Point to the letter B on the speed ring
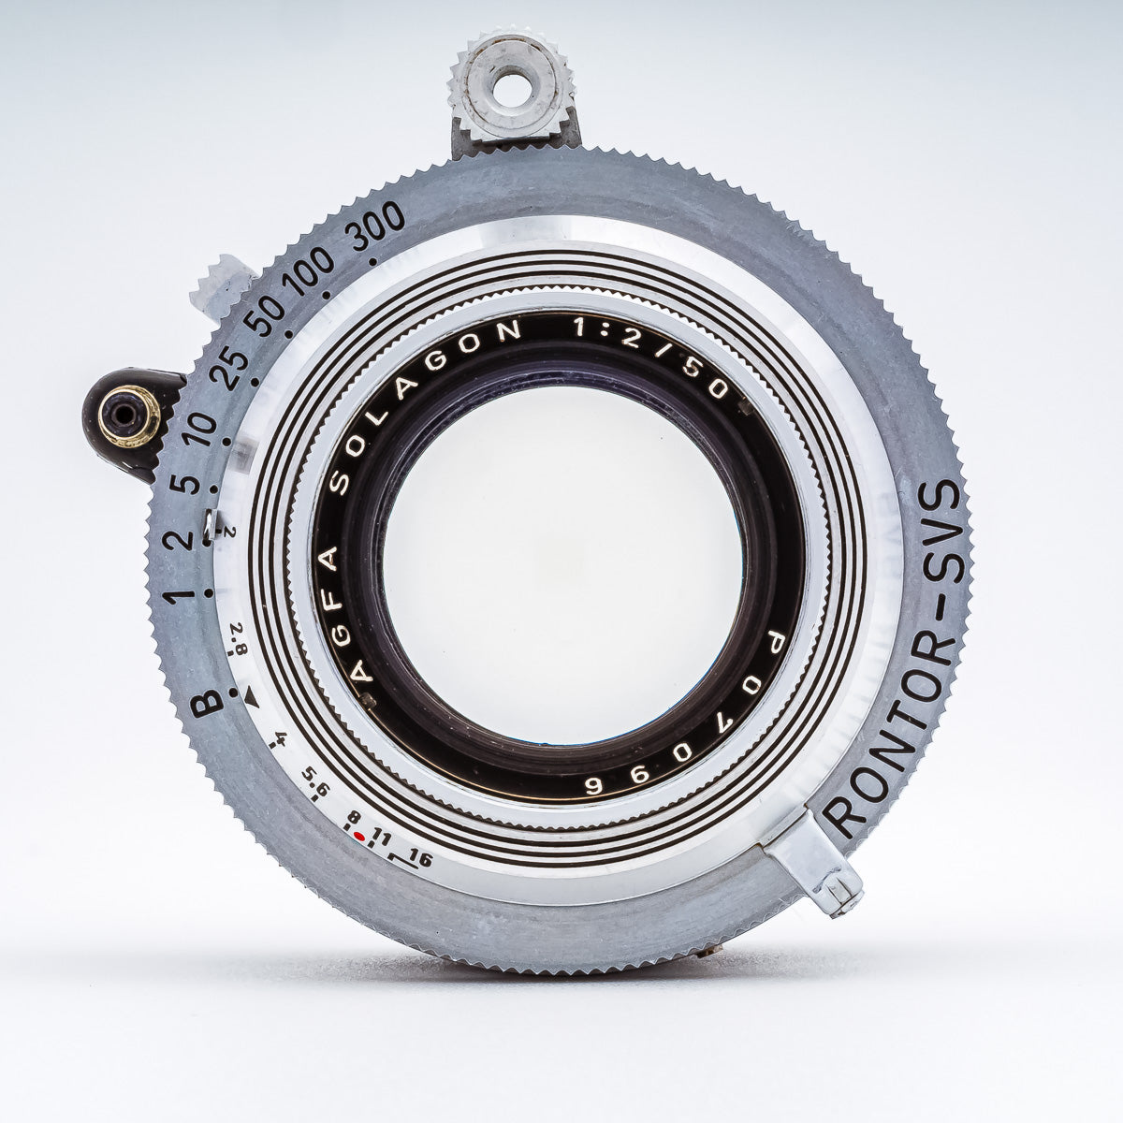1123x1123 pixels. [207, 704]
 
